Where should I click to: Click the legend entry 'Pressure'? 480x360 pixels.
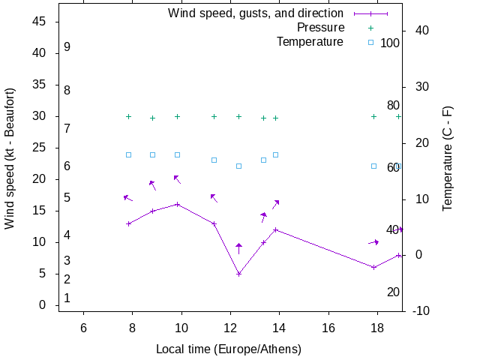pyautogui.click(x=320, y=28)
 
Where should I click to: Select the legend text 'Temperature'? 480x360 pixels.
pyautogui.click(x=310, y=42)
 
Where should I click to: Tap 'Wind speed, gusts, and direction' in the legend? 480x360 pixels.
pyautogui.click(x=255, y=13)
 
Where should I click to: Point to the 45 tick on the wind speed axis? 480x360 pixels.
pyautogui.click(x=40, y=22)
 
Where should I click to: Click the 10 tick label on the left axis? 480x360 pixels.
pyautogui.click(x=40, y=242)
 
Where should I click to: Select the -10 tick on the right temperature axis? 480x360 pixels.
pyautogui.click(x=421, y=311)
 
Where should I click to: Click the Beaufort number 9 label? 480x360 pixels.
pyautogui.click(x=67, y=47)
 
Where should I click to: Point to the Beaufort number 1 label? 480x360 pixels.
pyautogui.click(x=67, y=298)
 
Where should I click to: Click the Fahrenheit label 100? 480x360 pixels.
pyautogui.click(x=390, y=43)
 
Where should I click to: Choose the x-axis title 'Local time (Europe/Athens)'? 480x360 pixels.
pyautogui.click(x=229, y=349)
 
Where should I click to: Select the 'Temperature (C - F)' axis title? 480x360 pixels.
pyautogui.click(x=448, y=158)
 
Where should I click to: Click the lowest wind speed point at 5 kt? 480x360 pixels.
pyautogui.click(x=238, y=274)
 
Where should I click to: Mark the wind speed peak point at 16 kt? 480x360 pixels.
pyautogui.click(x=178, y=204)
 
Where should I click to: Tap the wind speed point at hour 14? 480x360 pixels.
pyautogui.click(x=276, y=229)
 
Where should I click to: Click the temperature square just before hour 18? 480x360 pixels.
pyautogui.click(x=373, y=166)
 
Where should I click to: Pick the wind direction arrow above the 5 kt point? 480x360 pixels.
pyautogui.click(x=238, y=249)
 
